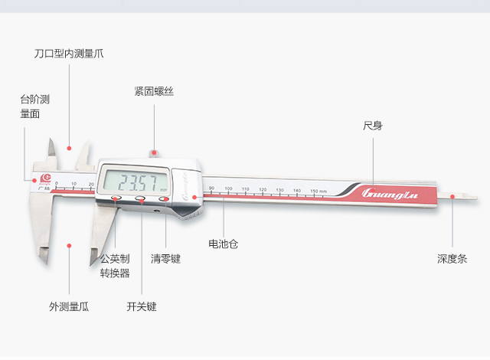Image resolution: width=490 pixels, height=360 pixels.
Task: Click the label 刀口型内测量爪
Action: pyautogui.click(x=69, y=54)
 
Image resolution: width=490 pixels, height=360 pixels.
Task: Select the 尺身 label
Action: pyautogui.click(x=372, y=125)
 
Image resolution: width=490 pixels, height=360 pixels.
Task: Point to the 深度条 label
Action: pyautogui.click(x=452, y=260)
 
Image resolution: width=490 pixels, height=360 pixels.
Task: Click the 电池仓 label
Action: pyautogui.click(x=223, y=244)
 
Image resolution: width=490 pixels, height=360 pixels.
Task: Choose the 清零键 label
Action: pyautogui.click(x=165, y=259)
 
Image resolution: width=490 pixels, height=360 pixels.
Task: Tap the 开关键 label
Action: pyautogui.click(x=142, y=306)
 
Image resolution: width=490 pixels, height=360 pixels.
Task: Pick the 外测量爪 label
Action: pyautogui.click(x=69, y=306)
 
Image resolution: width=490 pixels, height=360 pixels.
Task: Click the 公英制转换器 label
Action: pyautogui.click(x=115, y=266)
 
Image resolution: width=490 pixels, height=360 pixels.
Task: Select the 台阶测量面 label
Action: pyautogui.click(x=34, y=106)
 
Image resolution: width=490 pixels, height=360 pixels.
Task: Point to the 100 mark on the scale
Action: pyautogui.click(x=227, y=188)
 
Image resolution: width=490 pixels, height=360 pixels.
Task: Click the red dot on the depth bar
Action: pyautogui.click(x=452, y=196)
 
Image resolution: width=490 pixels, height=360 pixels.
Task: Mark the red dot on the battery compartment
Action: pyautogui.click(x=195, y=197)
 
